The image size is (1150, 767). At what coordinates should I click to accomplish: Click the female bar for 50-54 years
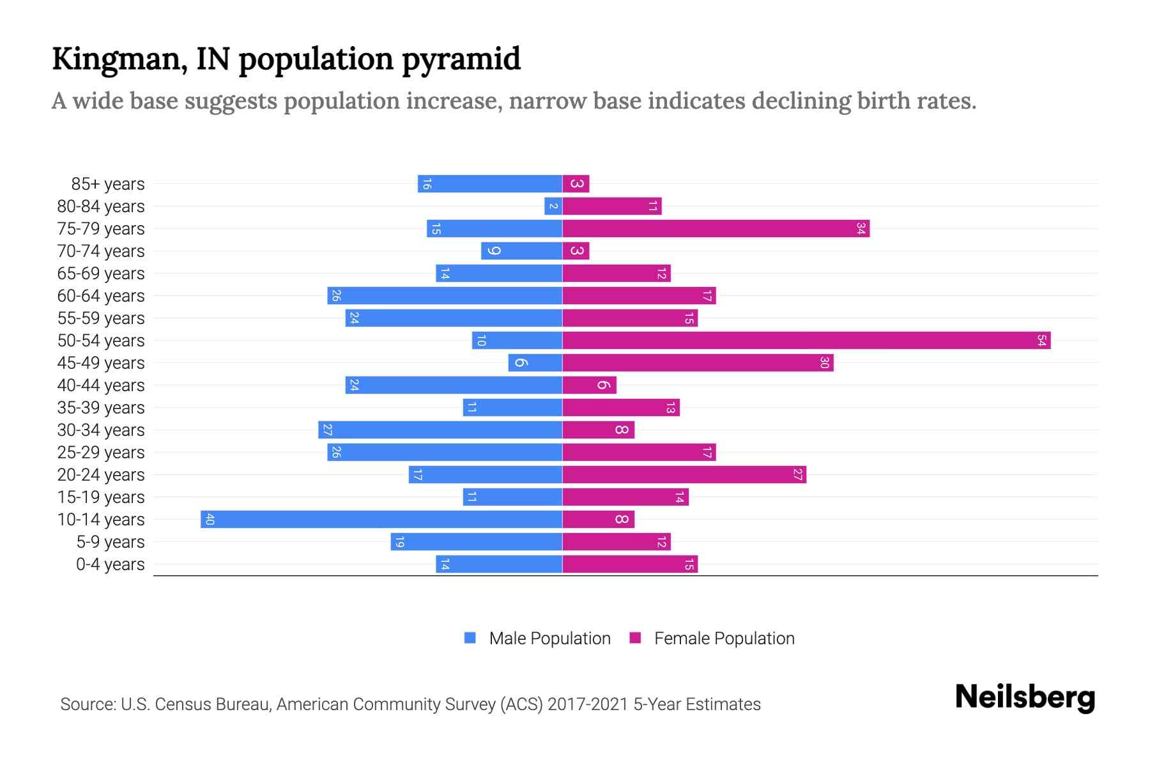coord(806,341)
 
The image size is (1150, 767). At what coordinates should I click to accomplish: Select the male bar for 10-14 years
coord(381,520)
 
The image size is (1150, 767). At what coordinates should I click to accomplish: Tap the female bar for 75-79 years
coord(716,229)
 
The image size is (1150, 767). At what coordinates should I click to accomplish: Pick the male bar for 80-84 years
coord(553,206)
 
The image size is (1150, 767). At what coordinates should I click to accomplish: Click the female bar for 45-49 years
coord(698,363)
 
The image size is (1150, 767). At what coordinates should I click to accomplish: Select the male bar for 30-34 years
coord(440,430)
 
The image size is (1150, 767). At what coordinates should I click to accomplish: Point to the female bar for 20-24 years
coord(684,475)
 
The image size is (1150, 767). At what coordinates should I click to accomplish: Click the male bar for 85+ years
coord(490,184)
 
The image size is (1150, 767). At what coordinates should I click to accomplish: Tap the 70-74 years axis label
coord(101,251)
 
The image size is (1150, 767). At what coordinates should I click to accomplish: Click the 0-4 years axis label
coord(110,564)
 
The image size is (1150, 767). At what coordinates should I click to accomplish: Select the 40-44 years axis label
coord(101,385)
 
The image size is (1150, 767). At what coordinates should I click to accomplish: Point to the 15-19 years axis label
coord(101,497)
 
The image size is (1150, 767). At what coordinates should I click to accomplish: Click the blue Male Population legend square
coord(470,638)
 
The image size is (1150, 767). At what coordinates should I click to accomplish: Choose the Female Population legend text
coord(724,639)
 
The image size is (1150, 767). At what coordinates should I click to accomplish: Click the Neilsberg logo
coord(1025,697)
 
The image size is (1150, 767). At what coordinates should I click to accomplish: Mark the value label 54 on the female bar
coord(1041,341)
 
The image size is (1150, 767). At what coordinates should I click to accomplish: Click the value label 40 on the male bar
coord(210,520)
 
